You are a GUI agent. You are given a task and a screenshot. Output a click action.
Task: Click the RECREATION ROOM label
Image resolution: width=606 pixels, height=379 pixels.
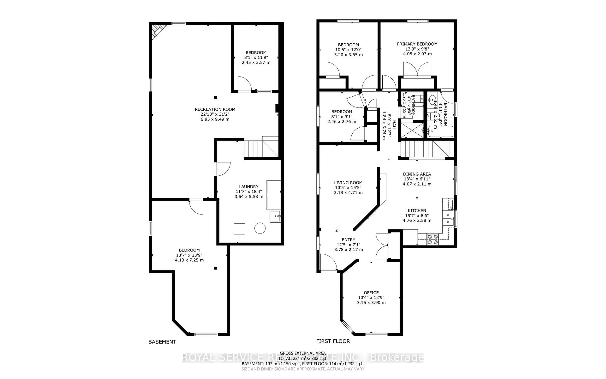215,109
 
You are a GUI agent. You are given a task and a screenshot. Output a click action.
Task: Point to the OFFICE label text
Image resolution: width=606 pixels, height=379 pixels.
371,292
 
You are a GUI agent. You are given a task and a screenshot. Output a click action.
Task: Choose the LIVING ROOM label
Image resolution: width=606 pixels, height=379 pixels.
348,183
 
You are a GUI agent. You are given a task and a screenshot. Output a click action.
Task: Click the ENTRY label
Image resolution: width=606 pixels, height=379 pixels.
348,240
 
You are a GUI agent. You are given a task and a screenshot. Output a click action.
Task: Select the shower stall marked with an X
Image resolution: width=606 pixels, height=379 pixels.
412,130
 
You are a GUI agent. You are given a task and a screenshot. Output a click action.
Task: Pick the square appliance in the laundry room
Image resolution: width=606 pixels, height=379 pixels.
239,229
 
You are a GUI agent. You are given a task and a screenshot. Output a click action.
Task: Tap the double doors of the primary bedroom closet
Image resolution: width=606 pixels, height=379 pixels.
417,69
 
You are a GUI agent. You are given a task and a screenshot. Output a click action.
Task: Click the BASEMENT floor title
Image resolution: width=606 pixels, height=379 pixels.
162,342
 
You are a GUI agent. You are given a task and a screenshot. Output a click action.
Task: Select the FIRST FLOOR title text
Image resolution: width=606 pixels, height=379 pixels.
333,341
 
